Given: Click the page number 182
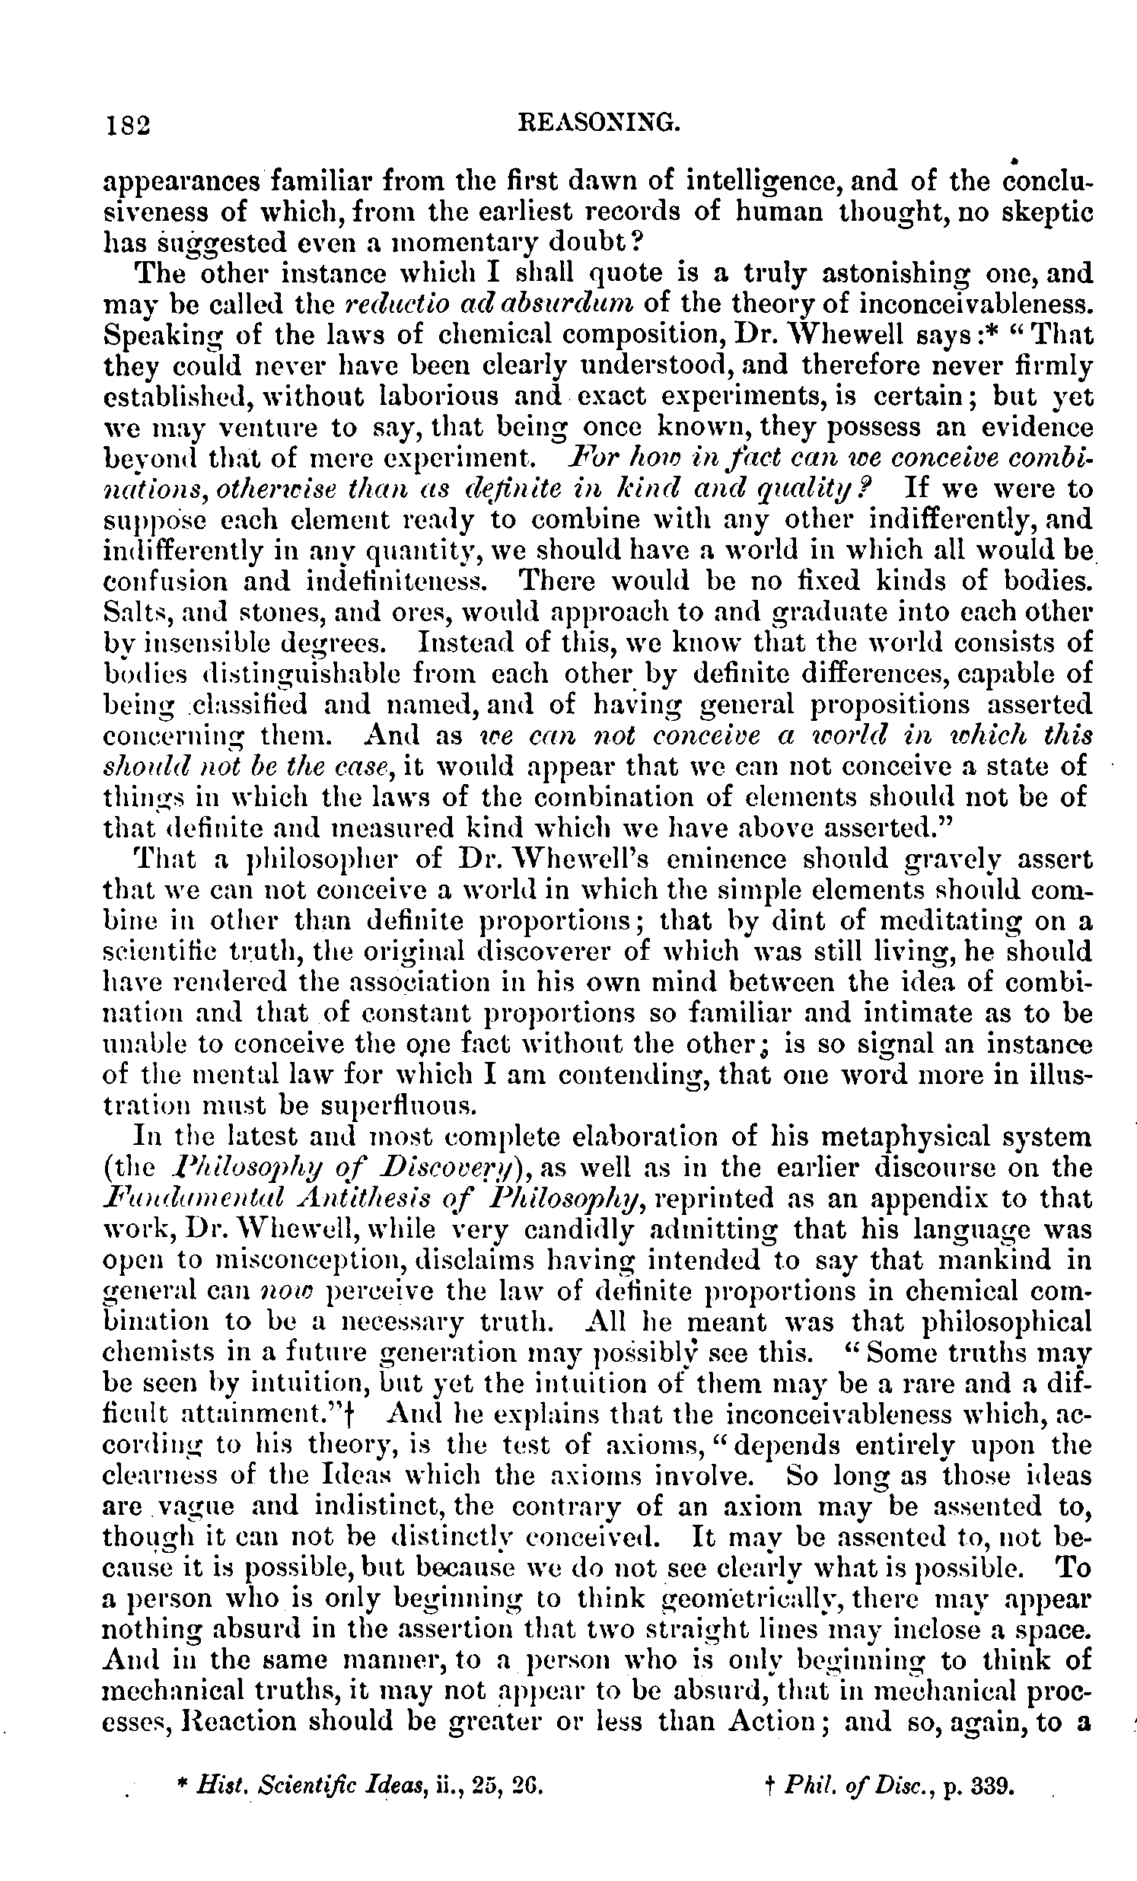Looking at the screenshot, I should click(127, 124).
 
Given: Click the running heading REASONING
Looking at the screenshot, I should click(597, 122).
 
